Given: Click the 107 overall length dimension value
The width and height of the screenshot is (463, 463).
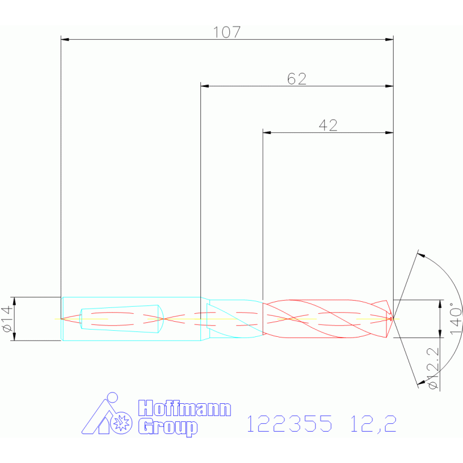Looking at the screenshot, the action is point(227,32).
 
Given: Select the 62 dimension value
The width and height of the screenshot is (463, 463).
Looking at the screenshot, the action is point(297,79).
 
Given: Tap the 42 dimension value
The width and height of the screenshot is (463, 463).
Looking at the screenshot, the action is point(328,126).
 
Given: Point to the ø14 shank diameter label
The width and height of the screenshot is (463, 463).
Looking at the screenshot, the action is point(7,319).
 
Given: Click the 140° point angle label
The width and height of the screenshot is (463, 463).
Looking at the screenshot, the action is point(456,318).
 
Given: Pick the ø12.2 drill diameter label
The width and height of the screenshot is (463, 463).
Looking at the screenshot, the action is point(433,368).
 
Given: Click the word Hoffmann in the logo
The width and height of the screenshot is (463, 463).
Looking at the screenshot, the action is point(185,409).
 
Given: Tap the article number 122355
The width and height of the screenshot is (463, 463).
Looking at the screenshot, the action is point(289,423).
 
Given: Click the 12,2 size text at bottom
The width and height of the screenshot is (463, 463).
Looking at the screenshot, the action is point(373,424).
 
